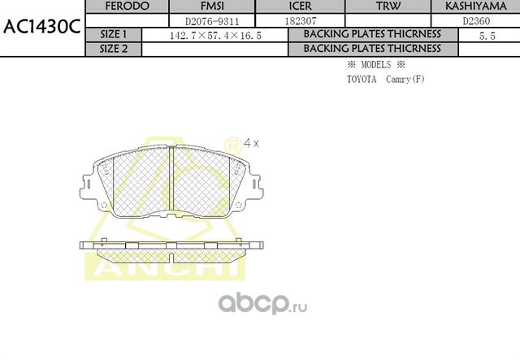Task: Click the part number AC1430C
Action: point(41,26)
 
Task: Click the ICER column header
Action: point(301,7)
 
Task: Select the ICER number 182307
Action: point(301,21)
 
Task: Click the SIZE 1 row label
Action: point(113,35)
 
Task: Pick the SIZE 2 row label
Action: point(113,49)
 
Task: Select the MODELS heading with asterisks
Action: point(375,64)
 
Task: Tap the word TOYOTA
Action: point(362,79)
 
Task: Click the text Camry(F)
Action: point(405,79)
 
